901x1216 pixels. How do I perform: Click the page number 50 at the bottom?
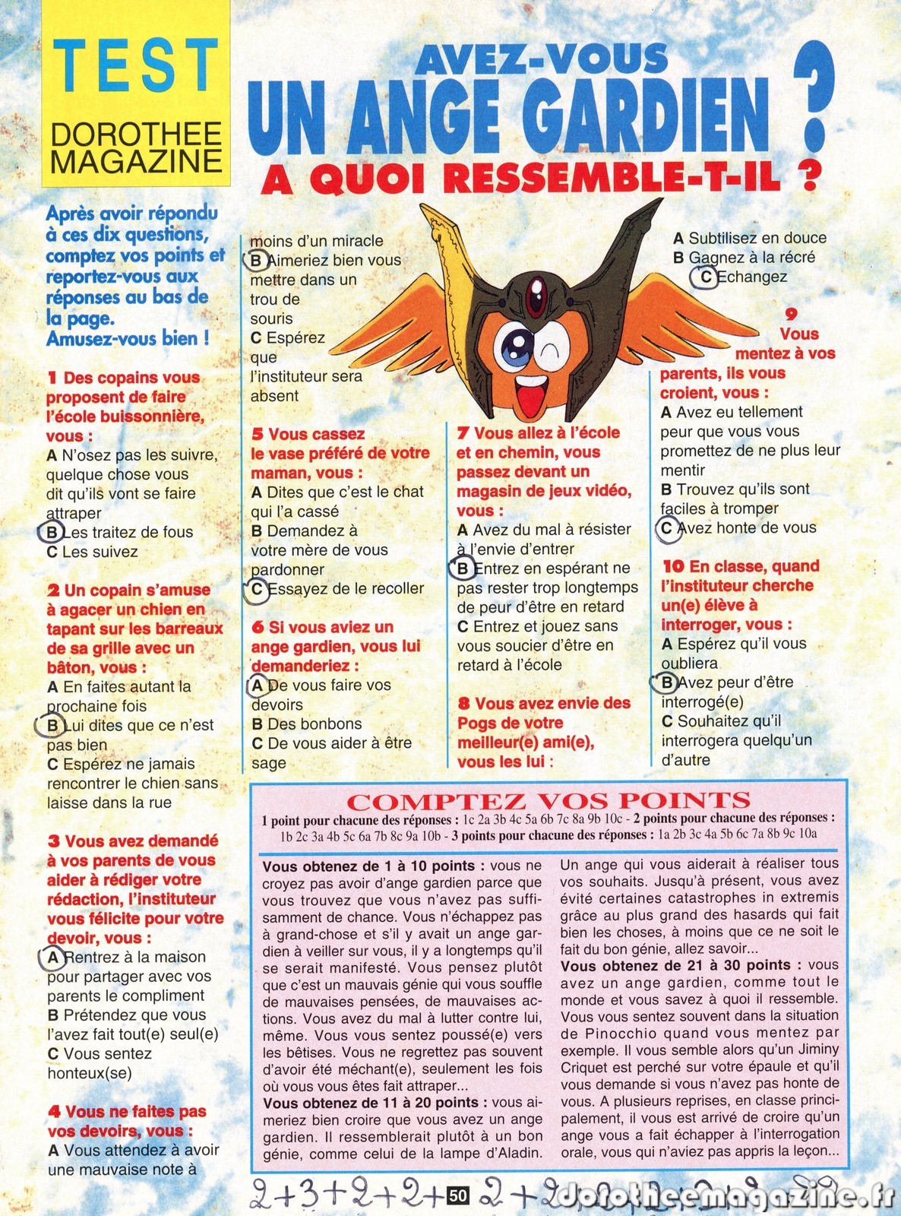[x=457, y=1195]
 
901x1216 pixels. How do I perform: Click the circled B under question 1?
[x=53, y=532]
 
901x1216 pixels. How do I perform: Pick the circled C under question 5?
[x=258, y=589]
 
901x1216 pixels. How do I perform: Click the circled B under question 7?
[x=463, y=568]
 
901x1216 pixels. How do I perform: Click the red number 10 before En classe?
[x=673, y=566]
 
